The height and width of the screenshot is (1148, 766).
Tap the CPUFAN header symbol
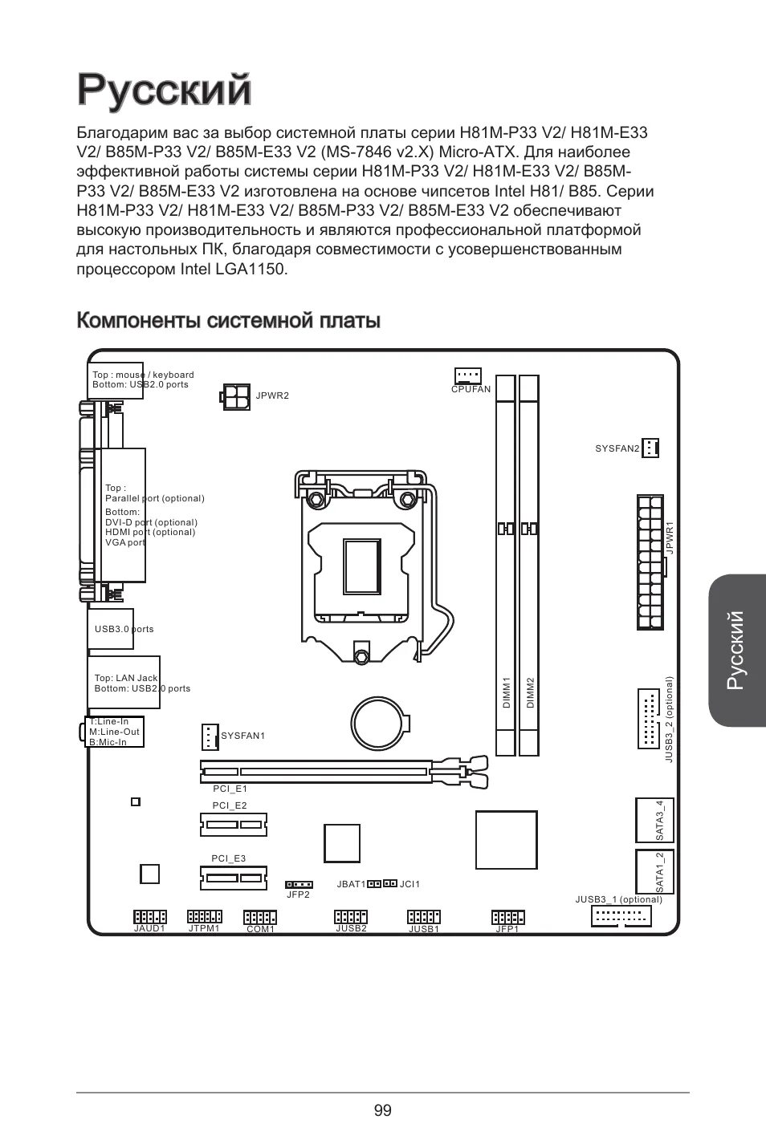click(467, 375)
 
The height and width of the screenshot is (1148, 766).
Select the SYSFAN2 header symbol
click(650, 448)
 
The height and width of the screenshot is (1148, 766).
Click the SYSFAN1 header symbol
click(209, 736)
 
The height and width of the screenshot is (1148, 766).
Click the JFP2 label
click(299, 894)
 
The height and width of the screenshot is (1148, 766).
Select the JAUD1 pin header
click(149, 916)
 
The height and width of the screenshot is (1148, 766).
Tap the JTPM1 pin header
click(204, 916)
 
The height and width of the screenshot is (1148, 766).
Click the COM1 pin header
click(260, 917)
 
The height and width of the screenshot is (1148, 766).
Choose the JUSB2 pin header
click(351, 917)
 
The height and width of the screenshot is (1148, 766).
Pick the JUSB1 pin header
click(424, 917)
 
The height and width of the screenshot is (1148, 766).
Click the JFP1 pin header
click(507, 917)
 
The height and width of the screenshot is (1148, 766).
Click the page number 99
click(382, 1110)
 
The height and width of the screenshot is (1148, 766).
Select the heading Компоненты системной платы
click(228, 321)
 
